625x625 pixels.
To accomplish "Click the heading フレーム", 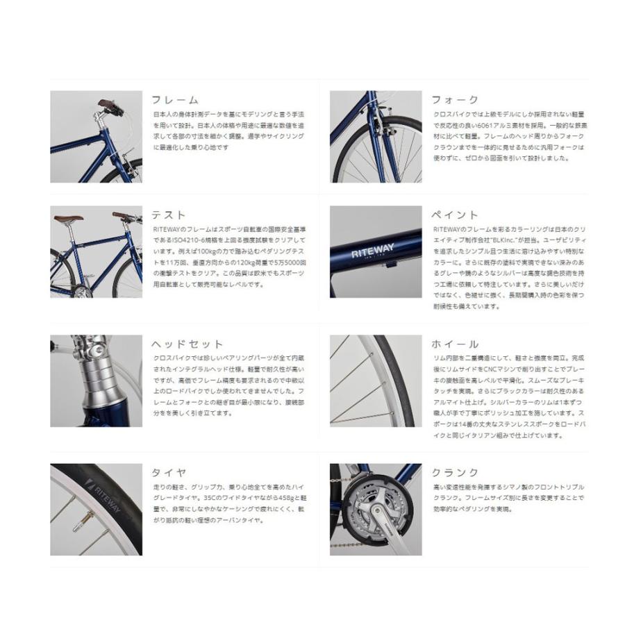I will (x=175, y=100).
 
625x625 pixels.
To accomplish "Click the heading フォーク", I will (x=455, y=100).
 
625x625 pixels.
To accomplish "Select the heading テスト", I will (x=169, y=215).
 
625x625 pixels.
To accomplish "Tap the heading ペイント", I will (x=455, y=215).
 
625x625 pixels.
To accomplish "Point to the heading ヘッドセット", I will (x=187, y=344).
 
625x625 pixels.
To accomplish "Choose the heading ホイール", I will (x=455, y=344).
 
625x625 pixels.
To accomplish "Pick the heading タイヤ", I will (x=169, y=473).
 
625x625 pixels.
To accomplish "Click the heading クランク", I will (x=455, y=473).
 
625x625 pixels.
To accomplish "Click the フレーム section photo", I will (x=96, y=137).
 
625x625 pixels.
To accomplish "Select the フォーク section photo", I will (x=375, y=137).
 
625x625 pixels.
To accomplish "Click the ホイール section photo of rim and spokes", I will (x=375, y=381).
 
